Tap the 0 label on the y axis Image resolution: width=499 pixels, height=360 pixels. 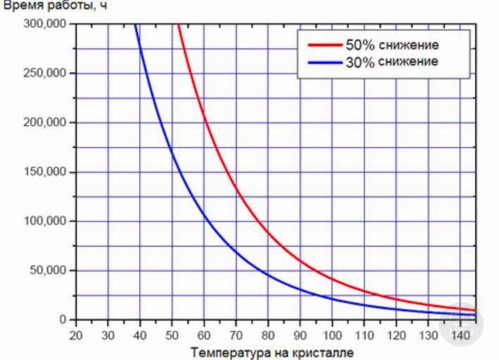[x=62, y=319]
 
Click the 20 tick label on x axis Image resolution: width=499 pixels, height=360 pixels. [x=76, y=335]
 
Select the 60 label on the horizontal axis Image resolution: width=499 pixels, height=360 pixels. [x=204, y=335]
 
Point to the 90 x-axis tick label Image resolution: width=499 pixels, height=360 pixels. [x=300, y=335]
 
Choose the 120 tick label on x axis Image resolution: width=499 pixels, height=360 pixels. [x=397, y=335]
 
